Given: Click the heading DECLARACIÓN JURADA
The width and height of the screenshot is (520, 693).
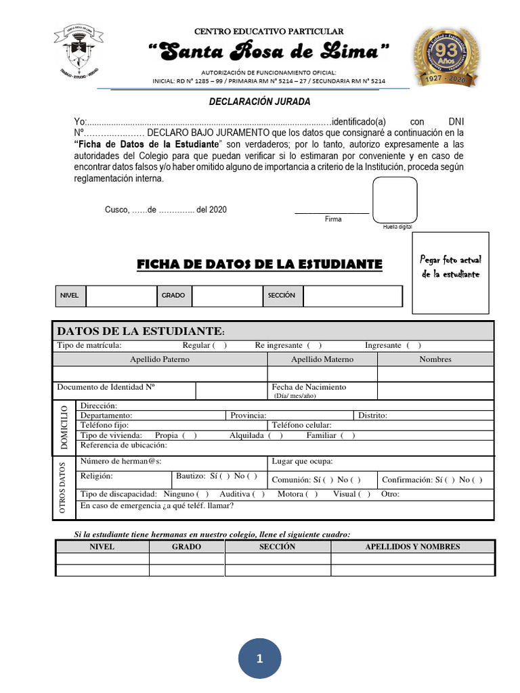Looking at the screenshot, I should (x=259, y=102).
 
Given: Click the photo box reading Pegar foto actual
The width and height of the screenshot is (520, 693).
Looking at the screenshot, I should (x=450, y=272).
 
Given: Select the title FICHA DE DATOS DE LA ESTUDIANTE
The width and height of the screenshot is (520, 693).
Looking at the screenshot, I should (x=259, y=263).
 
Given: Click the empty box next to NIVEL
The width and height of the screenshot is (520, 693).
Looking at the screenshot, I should (x=121, y=296).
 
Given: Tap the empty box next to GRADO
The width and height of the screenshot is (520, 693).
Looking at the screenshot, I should (x=227, y=296).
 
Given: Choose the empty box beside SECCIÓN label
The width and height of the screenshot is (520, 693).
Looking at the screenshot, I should (x=352, y=296).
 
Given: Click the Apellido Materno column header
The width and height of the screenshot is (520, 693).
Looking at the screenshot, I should (x=322, y=359).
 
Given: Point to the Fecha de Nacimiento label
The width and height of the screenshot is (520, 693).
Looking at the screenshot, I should (x=309, y=387).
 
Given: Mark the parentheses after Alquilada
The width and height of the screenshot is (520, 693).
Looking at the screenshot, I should (x=275, y=435).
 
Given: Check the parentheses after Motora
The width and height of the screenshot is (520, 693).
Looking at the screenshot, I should (x=311, y=494).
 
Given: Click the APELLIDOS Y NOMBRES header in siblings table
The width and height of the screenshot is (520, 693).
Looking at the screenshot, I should (x=412, y=547).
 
